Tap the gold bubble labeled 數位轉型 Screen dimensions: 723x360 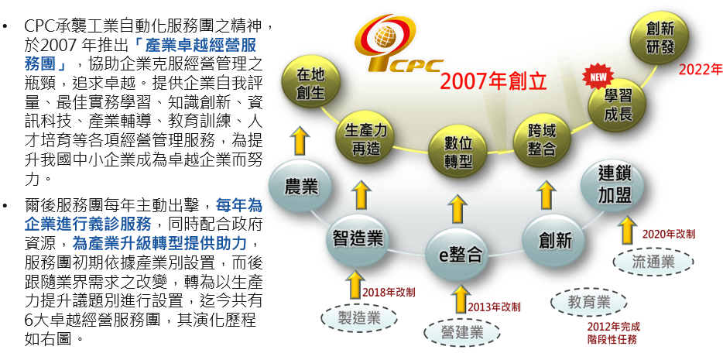(x=457, y=152)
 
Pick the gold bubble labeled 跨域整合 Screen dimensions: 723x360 (x=542, y=140)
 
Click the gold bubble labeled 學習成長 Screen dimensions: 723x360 (x=618, y=105)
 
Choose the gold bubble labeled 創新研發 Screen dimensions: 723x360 (x=660, y=37)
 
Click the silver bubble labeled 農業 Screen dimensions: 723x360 (x=300, y=187)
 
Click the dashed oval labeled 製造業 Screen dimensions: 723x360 (x=358, y=318)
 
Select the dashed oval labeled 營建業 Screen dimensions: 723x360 (x=461, y=333)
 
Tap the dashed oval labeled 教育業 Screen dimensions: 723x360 (x=589, y=303)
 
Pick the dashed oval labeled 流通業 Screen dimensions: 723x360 (x=653, y=262)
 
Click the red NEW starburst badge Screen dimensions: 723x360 (x=598, y=77)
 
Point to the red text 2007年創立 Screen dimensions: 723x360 (x=493, y=81)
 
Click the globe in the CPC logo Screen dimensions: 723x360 (x=384, y=36)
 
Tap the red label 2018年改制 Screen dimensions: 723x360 (x=389, y=292)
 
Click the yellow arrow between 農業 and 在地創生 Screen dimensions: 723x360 (x=300, y=141)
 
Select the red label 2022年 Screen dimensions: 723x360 (x=700, y=69)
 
